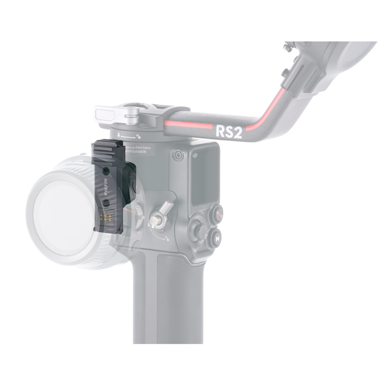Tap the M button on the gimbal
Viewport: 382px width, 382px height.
click(x=218, y=238)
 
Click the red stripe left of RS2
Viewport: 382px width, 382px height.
click(x=188, y=124)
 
